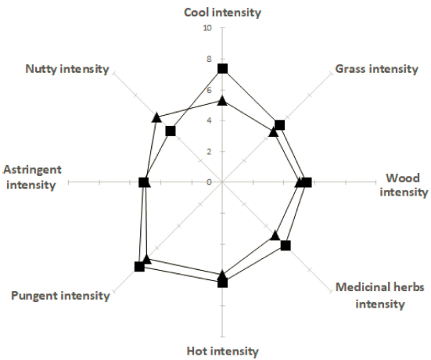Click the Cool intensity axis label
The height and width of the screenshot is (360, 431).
point(222,13)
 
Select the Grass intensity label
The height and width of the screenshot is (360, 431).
point(376,69)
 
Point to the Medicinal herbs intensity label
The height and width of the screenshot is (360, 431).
point(380,296)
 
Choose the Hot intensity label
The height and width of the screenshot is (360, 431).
point(223,351)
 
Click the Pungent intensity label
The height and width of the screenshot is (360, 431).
point(60,296)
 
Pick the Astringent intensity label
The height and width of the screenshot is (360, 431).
point(32,177)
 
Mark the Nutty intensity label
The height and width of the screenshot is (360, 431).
point(67,69)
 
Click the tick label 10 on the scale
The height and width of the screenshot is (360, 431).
point(207,27)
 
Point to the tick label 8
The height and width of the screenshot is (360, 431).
point(210,59)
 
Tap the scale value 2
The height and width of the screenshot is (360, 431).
point(210,152)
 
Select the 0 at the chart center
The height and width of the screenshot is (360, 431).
point(210,182)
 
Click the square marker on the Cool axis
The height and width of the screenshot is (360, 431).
point(222,69)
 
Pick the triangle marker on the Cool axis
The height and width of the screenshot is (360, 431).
point(222,101)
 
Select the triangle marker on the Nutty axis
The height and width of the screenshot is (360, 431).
point(156,117)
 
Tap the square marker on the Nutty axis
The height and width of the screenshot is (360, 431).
point(171,131)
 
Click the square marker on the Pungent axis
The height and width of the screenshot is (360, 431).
point(139,267)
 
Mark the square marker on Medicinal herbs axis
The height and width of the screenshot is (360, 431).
point(286,245)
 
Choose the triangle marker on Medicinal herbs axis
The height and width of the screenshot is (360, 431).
point(275,236)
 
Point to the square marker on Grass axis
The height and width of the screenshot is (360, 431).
point(279,125)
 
